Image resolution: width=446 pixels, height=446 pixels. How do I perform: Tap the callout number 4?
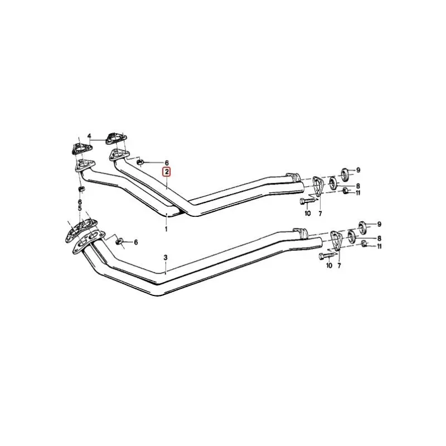[x=89, y=137]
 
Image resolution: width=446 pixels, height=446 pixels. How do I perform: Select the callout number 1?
[x=166, y=229]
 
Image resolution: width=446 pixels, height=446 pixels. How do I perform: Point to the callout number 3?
[x=166, y=258]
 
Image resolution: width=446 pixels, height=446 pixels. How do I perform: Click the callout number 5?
[x=80, y=209]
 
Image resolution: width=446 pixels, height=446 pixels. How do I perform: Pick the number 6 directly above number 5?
[x=80, y=202]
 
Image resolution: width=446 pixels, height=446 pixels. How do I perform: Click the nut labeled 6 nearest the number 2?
[x=142, y=162]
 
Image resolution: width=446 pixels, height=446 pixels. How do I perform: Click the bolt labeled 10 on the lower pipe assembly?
[x=326, y=256]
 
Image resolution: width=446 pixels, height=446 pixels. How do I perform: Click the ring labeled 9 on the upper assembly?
[x=344, y=171]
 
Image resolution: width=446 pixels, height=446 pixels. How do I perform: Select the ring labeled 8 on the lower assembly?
[x=352, y=236]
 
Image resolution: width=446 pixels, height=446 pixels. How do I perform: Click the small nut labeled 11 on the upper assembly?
[x=346, y=191]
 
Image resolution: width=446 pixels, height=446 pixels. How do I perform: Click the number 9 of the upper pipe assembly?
[x=359, y=170]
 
